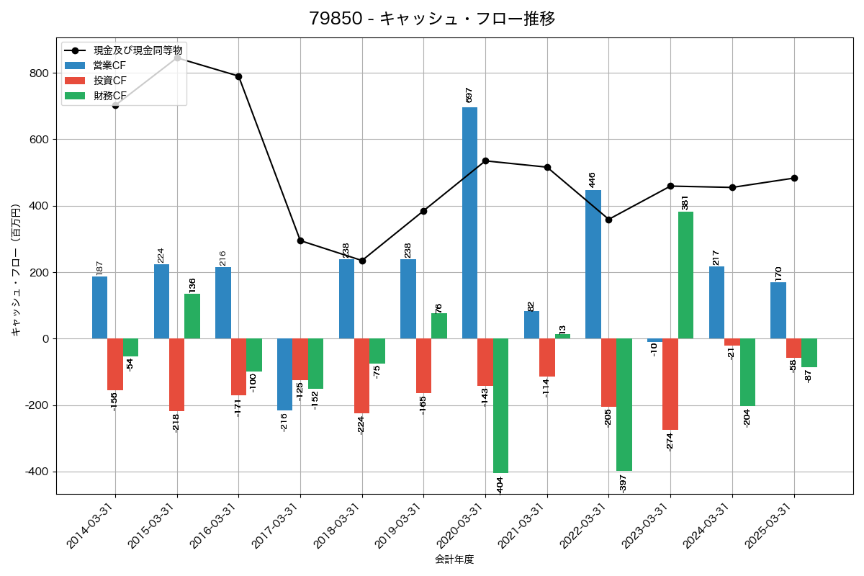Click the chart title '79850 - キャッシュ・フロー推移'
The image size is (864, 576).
pos(432,19)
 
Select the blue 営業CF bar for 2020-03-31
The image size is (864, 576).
pos(469,223)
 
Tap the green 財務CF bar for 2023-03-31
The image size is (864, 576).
pos(685,275)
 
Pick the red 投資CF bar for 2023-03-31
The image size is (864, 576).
pos(670,384)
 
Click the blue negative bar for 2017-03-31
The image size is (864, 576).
pos(284,374)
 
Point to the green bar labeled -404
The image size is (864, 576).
pos(500,405)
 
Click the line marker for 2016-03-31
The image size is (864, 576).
pos(238,76)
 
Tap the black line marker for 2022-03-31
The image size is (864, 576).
pos(608,220)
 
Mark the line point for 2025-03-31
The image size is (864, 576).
pos(794,178)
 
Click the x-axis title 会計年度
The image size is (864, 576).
pos(454,559)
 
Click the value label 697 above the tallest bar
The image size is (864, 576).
pos(469,95)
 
